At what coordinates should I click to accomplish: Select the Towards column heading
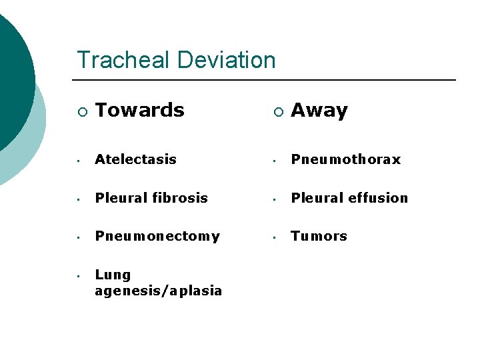pos(139,110)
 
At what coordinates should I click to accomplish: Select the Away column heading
pos(319,110)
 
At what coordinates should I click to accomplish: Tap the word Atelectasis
pos(135,159)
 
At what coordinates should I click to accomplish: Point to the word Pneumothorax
pos(345,159)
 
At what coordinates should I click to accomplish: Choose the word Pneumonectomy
pos(157,236)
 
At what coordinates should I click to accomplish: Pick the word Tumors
pos(319,236)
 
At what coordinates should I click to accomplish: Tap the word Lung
pos(113,275)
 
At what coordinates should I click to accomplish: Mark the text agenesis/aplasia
pos(158,291)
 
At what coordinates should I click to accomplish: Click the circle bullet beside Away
pos(277,111)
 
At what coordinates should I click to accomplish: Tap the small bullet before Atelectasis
pos(79,161)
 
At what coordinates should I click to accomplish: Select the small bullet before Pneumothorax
pos(275,161)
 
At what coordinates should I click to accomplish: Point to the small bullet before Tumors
pos(275,237)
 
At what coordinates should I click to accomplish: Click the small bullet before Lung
pos(79,276)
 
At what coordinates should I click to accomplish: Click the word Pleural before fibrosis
pos(117,198)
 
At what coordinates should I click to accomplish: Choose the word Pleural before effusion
pos(313,198)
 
